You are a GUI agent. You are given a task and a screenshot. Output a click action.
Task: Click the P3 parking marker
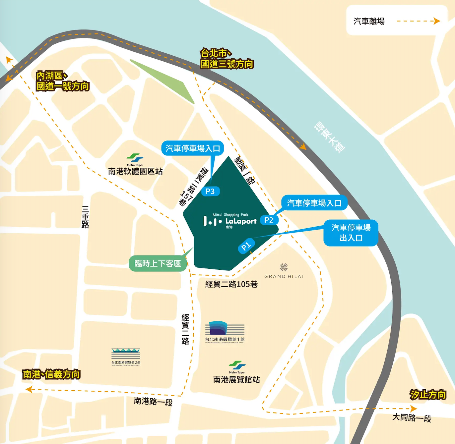point(210,191)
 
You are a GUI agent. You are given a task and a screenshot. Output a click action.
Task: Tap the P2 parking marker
point(269,220)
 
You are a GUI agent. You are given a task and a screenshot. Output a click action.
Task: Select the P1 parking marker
point(246,246)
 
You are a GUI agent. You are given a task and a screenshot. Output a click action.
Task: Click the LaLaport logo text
point(241,221)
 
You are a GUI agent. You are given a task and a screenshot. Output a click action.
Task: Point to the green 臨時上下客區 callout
point(158,264)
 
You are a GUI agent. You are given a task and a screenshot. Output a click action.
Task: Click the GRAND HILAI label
point(284,276)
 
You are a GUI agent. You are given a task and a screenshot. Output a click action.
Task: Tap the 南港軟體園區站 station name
point(135,171)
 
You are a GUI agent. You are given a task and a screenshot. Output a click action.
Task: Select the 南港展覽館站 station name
point(236,380)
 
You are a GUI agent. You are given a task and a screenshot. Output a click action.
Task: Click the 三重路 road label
point(85,217)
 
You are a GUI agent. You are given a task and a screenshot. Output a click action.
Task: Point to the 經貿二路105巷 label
point(231,284)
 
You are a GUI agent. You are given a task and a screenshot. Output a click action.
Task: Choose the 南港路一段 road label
point(153,402)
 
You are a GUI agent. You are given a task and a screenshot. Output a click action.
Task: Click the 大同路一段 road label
point(412,417)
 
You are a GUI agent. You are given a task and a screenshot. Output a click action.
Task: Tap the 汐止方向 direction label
point(428,395)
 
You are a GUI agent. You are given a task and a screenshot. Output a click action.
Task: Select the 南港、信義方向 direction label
point(51,374)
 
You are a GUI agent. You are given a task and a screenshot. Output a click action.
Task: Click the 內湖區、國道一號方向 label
point(62,81)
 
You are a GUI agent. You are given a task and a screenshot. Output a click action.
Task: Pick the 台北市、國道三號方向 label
point(227,59)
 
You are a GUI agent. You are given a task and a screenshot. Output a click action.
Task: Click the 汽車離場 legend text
point(369,22)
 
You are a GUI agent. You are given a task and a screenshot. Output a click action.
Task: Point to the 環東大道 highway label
point(330,137)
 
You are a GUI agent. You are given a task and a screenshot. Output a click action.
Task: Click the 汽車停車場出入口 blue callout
point(351,233)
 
